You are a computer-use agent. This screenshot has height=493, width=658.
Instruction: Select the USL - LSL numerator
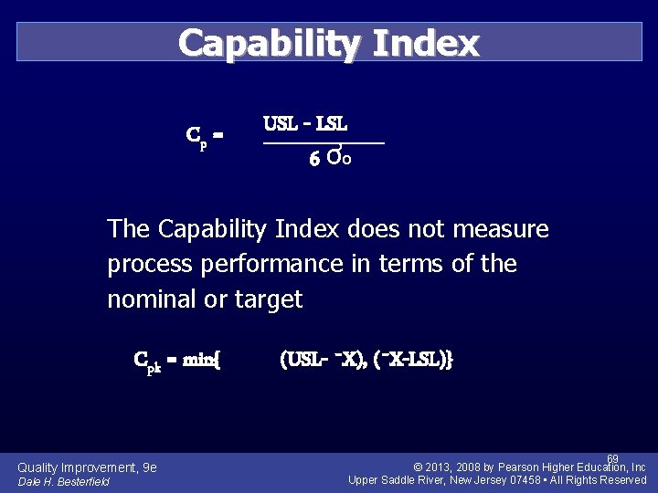[305, 123]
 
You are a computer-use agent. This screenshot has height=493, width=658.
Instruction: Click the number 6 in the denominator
[313, 160]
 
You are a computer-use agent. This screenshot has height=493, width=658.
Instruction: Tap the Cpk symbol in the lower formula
[149, 360]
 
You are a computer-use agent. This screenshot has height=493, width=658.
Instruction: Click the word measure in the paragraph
[501, 229]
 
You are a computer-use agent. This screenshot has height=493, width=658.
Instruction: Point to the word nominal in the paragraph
[147, 299]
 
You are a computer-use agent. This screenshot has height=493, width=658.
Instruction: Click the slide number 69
[612, 458]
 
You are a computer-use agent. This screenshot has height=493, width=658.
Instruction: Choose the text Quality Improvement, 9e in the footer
[87, 467]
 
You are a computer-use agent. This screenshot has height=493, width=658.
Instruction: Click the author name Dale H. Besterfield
[64, 481]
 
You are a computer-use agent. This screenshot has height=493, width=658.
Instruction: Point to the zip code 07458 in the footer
[518, 480]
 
